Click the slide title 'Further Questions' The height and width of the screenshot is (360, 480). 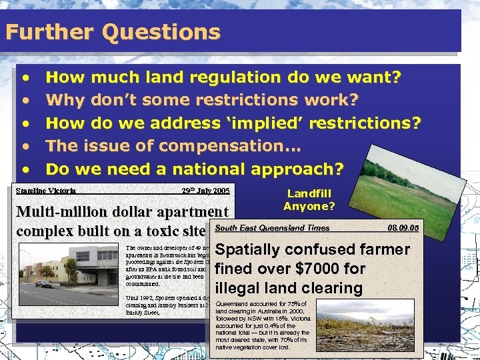113,32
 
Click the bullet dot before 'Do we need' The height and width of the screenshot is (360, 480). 26,169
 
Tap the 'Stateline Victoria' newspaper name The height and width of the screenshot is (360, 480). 46,190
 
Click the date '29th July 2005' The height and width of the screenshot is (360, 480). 205,190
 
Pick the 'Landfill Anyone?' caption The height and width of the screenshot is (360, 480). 309,199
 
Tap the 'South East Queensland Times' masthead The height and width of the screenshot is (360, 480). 273,228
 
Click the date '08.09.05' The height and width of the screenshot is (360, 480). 403,228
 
